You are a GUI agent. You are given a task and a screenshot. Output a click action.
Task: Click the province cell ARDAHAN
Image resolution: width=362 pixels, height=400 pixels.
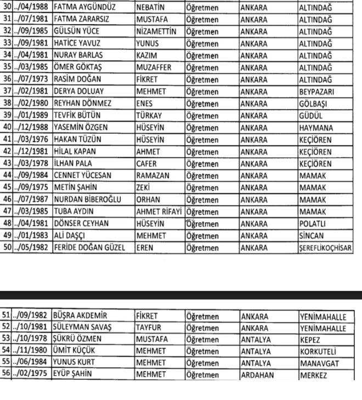point(258,375)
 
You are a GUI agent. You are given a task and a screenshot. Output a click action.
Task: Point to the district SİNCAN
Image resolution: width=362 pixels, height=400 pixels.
point(313,236)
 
